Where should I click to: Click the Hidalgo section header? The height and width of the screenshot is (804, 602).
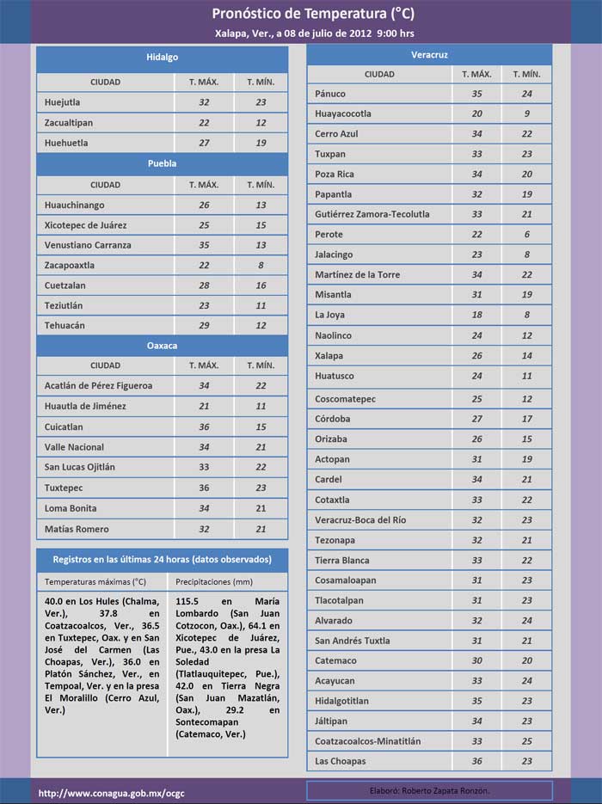[162, 57]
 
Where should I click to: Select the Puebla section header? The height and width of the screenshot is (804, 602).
[162, 163]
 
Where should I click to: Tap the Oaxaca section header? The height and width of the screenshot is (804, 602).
[162, 346]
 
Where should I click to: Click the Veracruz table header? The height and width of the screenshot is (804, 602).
[428, 55]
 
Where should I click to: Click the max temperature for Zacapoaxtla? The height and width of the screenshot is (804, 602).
[204, 266]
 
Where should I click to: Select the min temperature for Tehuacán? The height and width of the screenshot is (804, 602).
[261, 326]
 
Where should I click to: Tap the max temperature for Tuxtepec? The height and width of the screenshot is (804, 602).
[204, 488]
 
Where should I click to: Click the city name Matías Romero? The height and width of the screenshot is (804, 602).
[77, 528]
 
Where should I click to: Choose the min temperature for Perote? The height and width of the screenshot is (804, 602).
[527, 234]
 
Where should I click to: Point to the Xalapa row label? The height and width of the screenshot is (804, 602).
[329, 355]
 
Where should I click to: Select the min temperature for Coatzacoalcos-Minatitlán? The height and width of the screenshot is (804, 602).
[527, 740]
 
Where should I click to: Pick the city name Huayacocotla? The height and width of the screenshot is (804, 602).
[343, 114]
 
